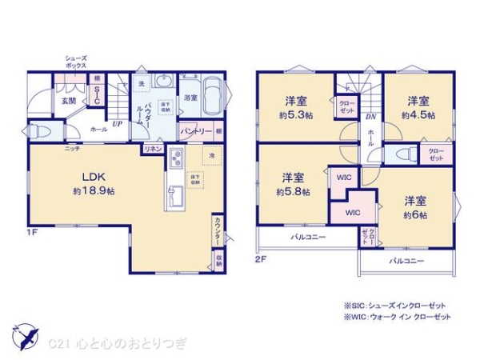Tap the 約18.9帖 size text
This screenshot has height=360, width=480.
click(x=94, y=192)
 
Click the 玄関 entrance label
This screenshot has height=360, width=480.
click(x=68, y=101)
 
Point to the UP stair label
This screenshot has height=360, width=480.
click(x=117, y=125)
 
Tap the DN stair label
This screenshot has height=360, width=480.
click(x=370, y=117)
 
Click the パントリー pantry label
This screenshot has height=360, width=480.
click(x=196, y=130)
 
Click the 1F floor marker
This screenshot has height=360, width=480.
click(x=32, y=233)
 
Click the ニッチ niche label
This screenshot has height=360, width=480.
click(x=71, y=149)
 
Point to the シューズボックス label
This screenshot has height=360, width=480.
click(x=77, y=62)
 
